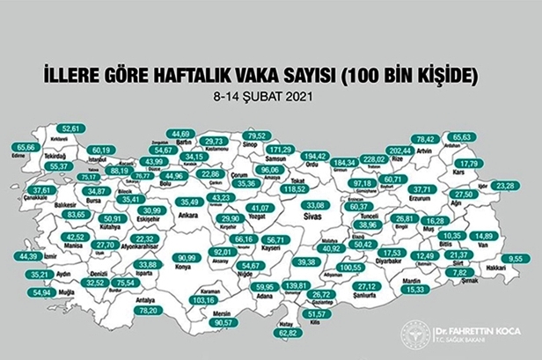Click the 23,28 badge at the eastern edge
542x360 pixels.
click(x=506, y=186)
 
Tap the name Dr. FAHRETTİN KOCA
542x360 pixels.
click(x=471, y=330)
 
